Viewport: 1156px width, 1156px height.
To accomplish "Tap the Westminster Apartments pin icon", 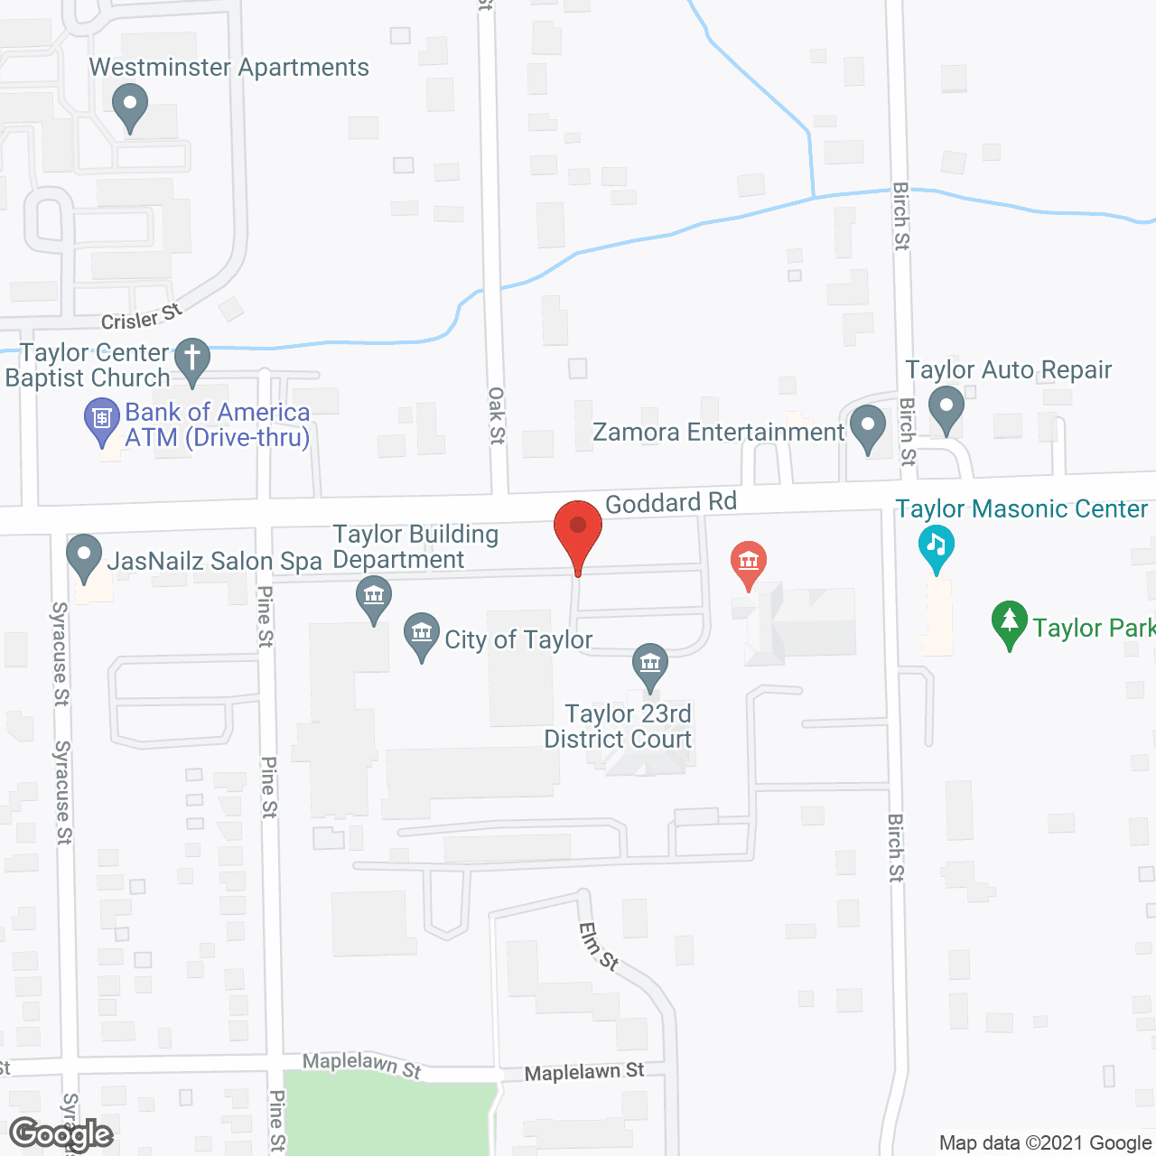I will [130, 106].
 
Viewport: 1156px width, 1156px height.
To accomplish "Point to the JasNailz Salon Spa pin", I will [84, 556].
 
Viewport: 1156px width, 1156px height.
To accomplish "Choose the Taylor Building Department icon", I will [373, 598].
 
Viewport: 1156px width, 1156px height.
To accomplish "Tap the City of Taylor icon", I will [422, 634].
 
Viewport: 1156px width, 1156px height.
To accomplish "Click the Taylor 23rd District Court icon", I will [649, 666].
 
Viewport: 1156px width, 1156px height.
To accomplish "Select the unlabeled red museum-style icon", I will [748, 564].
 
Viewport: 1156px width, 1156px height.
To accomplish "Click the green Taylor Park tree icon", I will [1010, 623].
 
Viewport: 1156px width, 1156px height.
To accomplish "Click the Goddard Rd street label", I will [670, 502].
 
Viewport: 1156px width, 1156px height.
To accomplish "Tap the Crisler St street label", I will [141, 317].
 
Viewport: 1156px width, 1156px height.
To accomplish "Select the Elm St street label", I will [599, 946].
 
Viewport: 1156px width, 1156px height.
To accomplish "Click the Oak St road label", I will [497, 415].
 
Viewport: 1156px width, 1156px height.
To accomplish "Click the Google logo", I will [61, 1133].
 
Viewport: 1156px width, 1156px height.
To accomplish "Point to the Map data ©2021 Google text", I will [1045, 1142].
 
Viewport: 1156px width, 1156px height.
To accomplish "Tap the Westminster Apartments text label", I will [228, 68].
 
